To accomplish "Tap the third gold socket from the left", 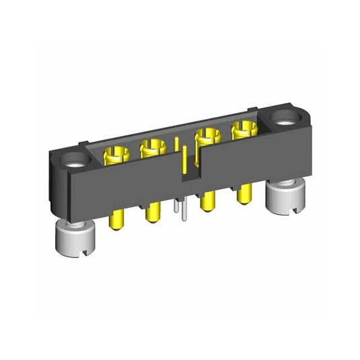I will [205, 140].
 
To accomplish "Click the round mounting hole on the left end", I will [74, 162].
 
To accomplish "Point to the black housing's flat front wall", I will [135, 188].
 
